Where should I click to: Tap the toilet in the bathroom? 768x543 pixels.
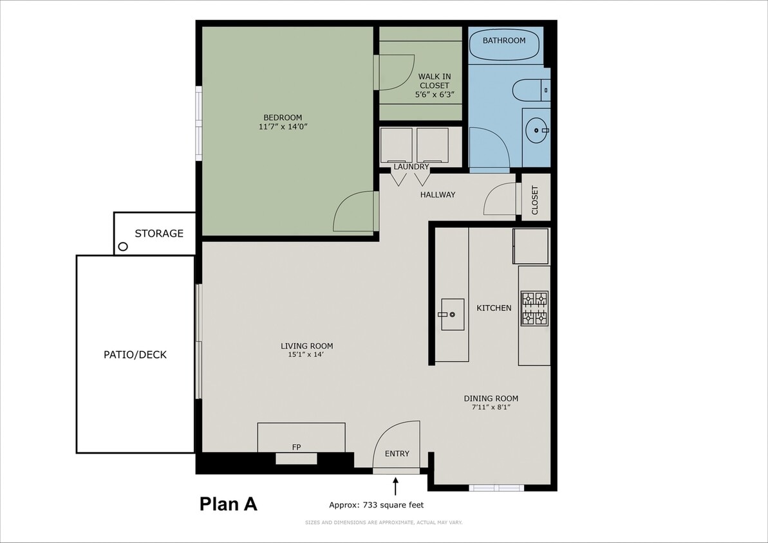pos(531,90)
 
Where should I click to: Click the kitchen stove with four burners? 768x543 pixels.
pos(534,308)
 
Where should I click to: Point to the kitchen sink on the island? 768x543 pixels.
pos(453,315)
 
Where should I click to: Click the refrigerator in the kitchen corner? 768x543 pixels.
pos(530,246)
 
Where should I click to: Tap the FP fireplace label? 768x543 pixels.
pos(297,446)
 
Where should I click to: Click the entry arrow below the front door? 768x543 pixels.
pos(396,485)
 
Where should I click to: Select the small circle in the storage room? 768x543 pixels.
pos(122,246)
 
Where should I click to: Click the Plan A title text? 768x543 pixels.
pos(229,504)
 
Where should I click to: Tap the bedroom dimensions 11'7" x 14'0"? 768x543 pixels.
pos(283,127)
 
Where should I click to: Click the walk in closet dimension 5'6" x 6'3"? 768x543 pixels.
pos(435,95)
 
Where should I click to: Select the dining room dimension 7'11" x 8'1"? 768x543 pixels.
pos(491,407)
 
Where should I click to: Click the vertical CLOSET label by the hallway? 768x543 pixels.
pos(535,201)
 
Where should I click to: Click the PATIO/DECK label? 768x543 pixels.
pos(135,354)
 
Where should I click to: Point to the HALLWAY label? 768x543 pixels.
pos(438,194)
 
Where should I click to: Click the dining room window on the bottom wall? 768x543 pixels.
pos(496,488)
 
